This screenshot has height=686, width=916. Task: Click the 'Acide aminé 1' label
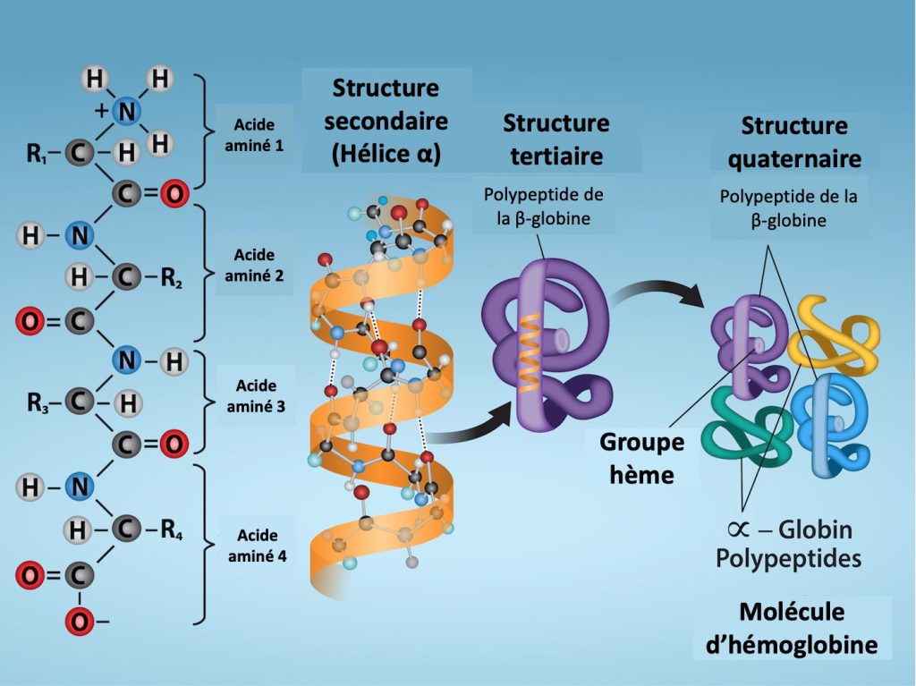[254, 134]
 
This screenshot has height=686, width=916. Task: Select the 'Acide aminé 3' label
[255, 396]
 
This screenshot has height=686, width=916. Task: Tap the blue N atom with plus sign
[128, 111]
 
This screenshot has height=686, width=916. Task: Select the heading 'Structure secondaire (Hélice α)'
[386, 121]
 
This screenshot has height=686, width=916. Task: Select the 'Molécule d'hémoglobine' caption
[792, 628]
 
